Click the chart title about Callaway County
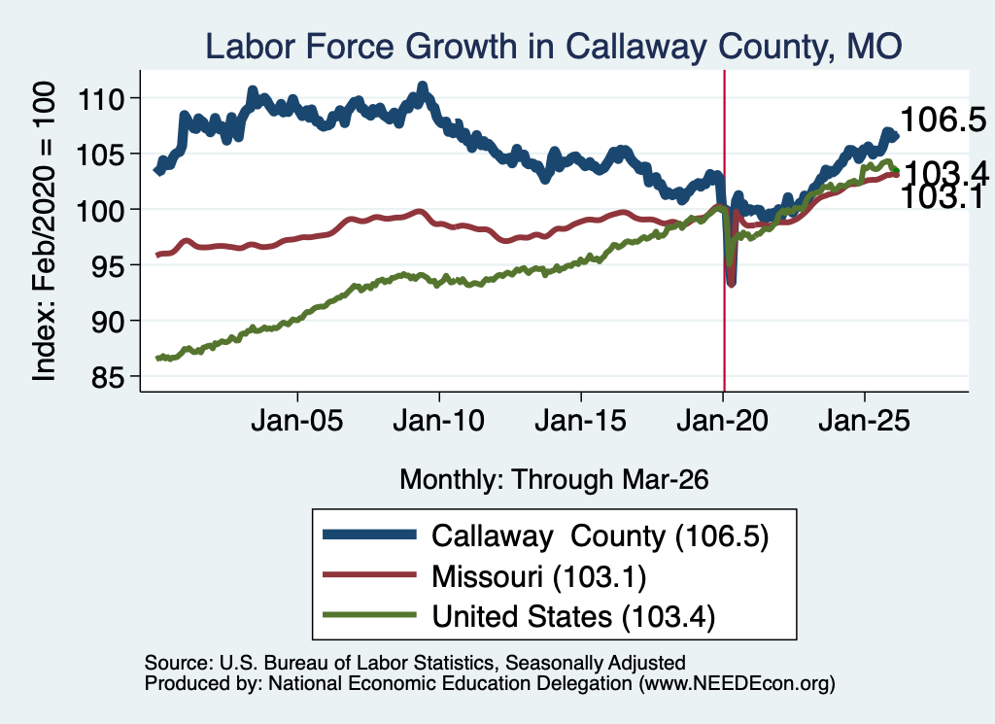(553, 47)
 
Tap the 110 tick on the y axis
(100, 99)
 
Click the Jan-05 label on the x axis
(297, 421)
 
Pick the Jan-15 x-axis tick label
(581, 421)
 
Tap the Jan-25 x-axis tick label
(864, 421)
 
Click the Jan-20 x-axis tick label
(723, 421)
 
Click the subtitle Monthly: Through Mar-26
(554, 480)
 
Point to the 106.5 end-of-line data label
(943, 120)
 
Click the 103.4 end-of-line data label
(945, 173)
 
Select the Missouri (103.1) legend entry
(538, 577)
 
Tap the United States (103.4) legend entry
(573, 617)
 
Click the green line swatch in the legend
(370, 615)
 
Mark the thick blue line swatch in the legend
(370, 534)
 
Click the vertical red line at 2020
(724, 231)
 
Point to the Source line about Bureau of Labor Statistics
(415, 663)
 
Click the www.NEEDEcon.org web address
(737, 683)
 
